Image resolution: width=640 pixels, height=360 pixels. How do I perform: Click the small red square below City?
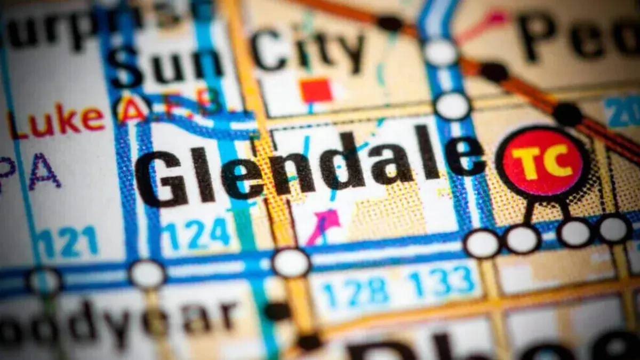(316, 90)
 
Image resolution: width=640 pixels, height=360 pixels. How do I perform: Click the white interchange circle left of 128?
(291, 262)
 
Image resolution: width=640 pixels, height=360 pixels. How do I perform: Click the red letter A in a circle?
(131, 109)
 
